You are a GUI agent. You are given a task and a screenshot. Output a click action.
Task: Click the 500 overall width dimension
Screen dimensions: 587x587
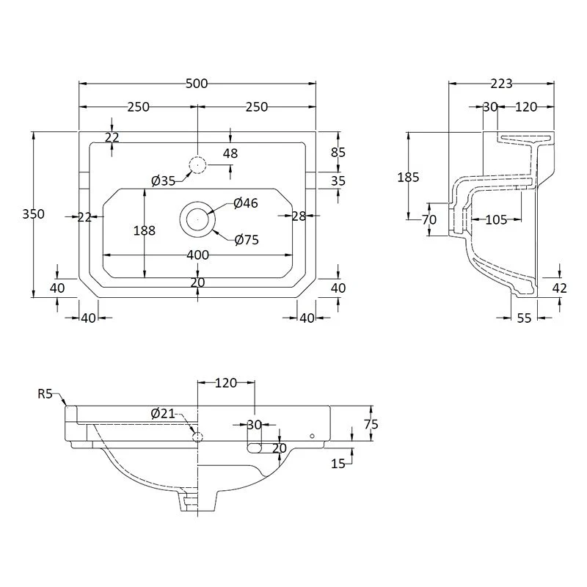(197, 84)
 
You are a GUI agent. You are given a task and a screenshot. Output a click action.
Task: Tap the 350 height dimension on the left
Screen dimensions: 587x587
(33, 214)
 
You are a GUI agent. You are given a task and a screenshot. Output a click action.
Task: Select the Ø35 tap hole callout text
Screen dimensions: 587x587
(163, 181)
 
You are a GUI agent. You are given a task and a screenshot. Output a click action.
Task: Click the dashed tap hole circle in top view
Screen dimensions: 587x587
(197, 165)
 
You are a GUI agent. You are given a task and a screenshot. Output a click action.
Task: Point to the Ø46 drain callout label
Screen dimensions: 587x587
(246, 203)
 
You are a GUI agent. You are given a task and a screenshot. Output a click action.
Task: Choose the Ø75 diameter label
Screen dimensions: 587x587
(247, 240)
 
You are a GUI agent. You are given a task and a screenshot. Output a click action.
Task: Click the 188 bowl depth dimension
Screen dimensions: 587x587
(145, 230)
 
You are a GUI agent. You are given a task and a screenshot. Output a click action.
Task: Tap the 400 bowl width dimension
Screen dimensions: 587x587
(197, 255)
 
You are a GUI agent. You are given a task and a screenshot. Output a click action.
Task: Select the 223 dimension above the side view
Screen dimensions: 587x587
(501, 84)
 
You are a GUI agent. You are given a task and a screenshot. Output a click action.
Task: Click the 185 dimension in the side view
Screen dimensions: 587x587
(409, 177)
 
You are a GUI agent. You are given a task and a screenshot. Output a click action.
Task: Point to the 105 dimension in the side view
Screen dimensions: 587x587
(497, 219)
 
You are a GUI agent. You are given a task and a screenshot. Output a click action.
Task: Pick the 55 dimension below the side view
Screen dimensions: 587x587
(524, 318)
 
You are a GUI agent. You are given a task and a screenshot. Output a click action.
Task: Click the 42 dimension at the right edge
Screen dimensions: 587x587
(560, 288)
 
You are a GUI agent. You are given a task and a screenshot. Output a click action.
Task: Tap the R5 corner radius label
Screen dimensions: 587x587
(45, 394)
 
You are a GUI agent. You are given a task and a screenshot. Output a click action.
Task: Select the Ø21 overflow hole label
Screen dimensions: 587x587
(163, 414)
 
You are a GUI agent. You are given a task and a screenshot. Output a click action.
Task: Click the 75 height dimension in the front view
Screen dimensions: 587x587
(371, 424)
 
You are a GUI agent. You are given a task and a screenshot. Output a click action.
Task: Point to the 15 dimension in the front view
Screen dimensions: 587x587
(338, 464)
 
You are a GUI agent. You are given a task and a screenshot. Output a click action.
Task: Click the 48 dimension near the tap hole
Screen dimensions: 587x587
(230, 153)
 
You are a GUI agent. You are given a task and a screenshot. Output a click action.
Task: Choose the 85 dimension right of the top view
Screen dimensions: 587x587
(338, 153)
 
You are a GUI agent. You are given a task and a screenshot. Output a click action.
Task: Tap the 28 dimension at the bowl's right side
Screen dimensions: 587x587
(299, 216)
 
